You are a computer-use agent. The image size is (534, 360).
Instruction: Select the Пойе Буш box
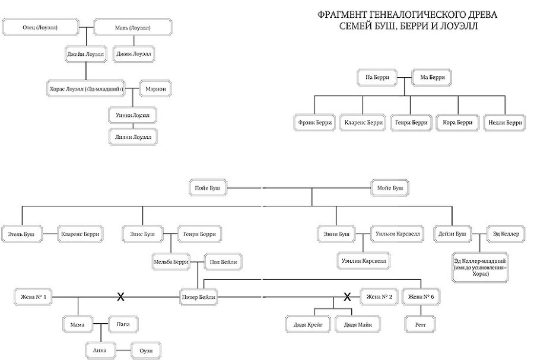pyautogui.click(x=207, y=188)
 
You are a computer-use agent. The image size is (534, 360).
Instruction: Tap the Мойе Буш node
pyautogui.click(x=390, y=188)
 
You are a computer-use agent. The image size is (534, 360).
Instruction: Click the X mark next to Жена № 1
pyautogui.click(x=120, y=296)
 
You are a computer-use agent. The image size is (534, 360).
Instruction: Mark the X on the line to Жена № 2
pyautogui.click(x=349, y=296)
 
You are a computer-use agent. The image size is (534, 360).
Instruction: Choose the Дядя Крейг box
pyautogui.click(x=304, y=324)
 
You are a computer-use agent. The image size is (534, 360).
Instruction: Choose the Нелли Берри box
pyautogui.click(x=505, y=123)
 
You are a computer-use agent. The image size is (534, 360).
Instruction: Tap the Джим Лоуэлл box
pyautogui.click(x=133, y=55)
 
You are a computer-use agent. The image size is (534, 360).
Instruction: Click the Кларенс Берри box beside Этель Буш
pyautogui.click(x=80, y=234)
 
